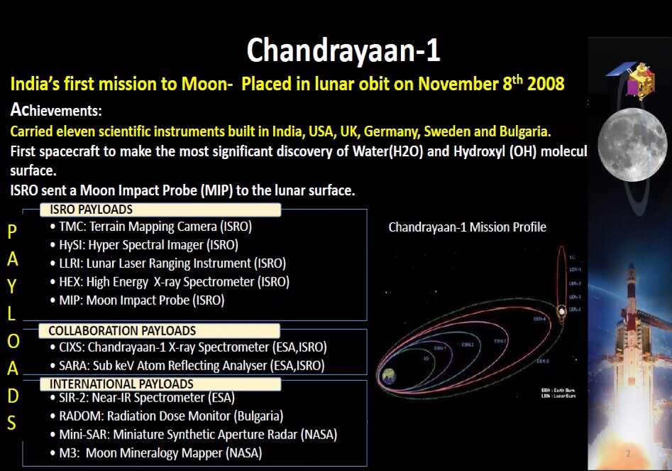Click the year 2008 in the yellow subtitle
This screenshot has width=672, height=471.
545,85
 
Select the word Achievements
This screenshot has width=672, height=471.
56,111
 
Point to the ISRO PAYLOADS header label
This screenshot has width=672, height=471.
90,210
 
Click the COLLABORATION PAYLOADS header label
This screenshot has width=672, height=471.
121,331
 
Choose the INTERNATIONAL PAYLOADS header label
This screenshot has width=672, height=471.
121,384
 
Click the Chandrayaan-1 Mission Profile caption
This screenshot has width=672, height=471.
467,227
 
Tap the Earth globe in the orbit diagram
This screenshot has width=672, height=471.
388,376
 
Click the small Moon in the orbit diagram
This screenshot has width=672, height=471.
562,310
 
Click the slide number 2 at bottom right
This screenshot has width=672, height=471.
627,453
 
